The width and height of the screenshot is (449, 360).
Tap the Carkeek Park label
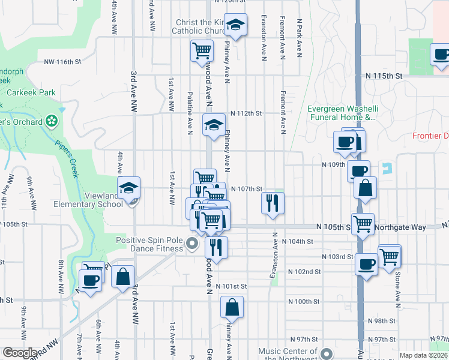31,93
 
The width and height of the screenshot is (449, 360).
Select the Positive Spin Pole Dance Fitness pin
192,244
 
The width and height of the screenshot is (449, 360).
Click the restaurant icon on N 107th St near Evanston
273,203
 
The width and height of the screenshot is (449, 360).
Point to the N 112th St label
247,113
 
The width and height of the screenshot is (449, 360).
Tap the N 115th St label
384,76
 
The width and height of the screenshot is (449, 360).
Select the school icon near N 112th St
214,125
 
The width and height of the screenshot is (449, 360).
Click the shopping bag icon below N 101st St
232,307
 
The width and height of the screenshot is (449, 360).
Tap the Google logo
20,353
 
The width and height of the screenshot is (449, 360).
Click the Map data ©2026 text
424,355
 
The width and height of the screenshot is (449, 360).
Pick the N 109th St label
333,164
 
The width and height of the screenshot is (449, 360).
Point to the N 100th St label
303,301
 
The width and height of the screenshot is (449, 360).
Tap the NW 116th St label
62,62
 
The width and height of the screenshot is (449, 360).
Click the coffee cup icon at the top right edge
441,55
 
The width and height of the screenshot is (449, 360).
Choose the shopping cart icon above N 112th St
202,50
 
